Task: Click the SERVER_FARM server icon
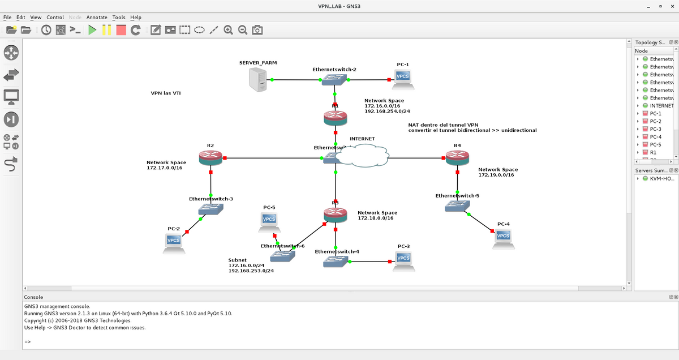pos(258,79)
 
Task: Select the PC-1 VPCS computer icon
pos(403,78)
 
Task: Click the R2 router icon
pos(210,158)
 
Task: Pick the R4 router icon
pos(457,158)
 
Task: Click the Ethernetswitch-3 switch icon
pos(211,209)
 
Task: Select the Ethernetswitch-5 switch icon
pos(457,206)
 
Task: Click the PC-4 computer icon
pos(502,238)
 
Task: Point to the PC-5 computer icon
pos(269,221)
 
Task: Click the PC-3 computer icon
pos(403,260)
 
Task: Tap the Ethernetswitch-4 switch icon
pos(336,262)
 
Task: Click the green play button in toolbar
pos(92,30)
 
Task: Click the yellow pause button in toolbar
pos(106,30)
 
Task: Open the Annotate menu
pos(97,18)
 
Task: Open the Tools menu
pos(119,18)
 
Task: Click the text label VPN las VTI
pos(166,93)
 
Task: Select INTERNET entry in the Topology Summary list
pos(661,105)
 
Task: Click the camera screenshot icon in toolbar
pos(257,30)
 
